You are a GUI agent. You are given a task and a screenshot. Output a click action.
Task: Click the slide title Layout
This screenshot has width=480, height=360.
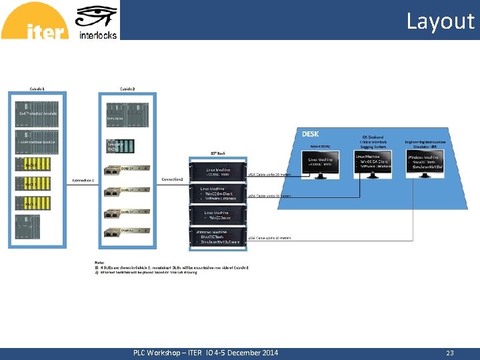pyautogui.click(x=440, y=21)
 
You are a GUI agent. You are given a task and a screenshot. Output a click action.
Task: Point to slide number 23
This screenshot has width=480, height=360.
pyautogui.click(x=450, y=353)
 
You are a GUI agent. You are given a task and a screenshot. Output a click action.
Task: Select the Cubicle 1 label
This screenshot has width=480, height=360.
pyautogui.click(x=37, y=88)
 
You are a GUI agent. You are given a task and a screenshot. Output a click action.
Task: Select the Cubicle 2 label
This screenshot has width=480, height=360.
pyautogui.click(x=127, y=88)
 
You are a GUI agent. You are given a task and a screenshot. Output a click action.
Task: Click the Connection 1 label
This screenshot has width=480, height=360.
pyautogui.click(x=83, y=181)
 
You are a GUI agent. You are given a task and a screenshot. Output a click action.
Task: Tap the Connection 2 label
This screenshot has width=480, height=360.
pyautogui.click(x=172, y=179)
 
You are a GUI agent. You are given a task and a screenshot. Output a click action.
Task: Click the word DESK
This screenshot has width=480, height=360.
pyautogui.click(x=311, y=134)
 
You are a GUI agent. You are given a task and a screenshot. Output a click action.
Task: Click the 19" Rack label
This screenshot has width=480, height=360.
pyautogui.click(x=218, y=153)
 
